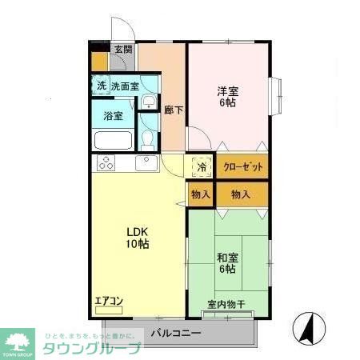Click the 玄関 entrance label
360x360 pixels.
tap(123, 50)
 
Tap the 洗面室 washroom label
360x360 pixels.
tap(125, 86)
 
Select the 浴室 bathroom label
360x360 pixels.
tap(114, 116)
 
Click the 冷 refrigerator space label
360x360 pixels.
tap(202, 167)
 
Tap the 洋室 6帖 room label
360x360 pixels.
tap(228, 96)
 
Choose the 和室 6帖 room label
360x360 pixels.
tap(227, 262)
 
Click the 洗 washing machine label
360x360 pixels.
tap(102, 86)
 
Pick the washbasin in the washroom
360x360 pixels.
tap(149, 102)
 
